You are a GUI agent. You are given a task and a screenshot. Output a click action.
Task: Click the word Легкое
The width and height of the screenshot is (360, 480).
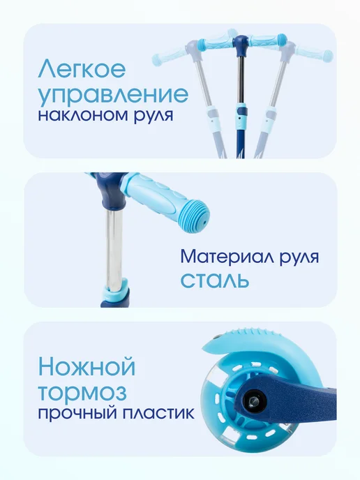point(82,68)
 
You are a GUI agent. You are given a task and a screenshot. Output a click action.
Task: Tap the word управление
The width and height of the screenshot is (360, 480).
point(113,95)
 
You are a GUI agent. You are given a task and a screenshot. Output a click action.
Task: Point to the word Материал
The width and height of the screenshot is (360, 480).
point(227,257)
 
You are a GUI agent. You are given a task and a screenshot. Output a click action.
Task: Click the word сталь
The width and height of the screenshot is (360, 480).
point(214,280)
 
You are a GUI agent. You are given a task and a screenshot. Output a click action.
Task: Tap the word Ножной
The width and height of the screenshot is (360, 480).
point(87,367)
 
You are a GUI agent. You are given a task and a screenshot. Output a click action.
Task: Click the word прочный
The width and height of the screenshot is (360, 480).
point(78,414)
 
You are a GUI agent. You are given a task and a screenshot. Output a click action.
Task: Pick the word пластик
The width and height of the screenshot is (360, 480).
point(158,414)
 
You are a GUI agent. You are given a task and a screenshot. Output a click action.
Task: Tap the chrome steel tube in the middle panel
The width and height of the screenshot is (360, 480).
point(114,248)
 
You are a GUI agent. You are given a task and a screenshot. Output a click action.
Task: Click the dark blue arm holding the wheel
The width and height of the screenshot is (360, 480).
point(285,393)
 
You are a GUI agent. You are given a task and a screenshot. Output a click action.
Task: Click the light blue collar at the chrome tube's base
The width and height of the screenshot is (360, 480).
point(116,290)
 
